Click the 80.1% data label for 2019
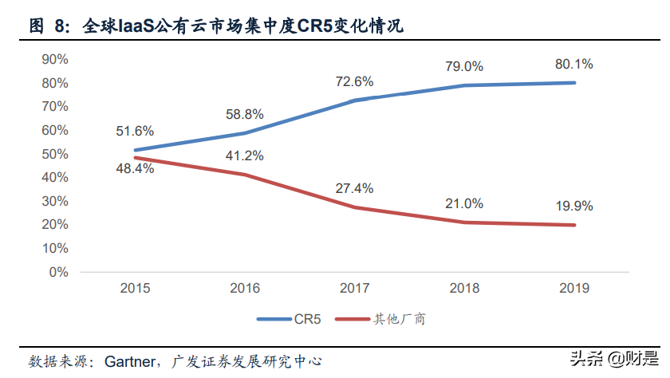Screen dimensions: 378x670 (x=574, y=65)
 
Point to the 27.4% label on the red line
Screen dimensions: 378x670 (x=355, y=189)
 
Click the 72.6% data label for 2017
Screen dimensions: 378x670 (x=355, y=82)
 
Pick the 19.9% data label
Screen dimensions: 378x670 (x=574, y=206)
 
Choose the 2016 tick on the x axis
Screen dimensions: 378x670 (x=245, y=288)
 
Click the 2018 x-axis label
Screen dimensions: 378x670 (x=464, y=288)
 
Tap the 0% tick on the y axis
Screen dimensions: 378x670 (x=58, y=272)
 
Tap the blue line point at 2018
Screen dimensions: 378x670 (x=464, y=85)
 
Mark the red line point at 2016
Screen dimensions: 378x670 (x=245, y=175)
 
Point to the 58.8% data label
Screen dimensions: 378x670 (x=245, y=115)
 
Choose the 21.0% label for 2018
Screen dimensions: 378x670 (x=464, y=203)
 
